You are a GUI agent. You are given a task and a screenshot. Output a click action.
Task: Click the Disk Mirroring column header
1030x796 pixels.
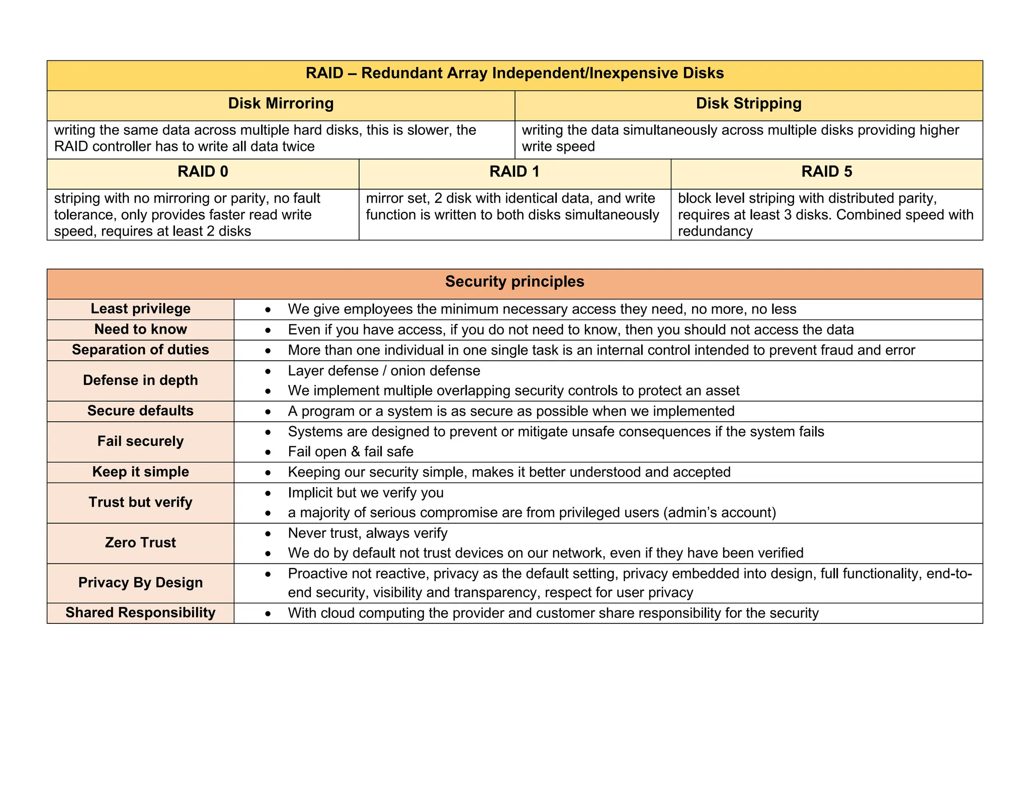click(x=281, y=104)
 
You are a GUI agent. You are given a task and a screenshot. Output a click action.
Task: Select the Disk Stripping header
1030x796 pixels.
click(x=748, y=104)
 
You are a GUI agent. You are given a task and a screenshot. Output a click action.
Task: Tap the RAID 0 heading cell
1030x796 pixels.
click(x=203, y=172)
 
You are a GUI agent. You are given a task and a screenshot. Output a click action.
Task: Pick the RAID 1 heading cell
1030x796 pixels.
click(x=514, y=172)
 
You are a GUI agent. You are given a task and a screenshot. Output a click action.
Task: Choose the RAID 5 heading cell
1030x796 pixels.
click(x=826, y=172)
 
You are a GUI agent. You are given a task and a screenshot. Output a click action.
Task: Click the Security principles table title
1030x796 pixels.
click(x=514, y=282)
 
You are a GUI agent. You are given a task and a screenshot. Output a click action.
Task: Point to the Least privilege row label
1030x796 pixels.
click(x=140, y=309)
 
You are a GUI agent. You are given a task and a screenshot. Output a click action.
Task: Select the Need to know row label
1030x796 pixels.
click(x=140, y=330)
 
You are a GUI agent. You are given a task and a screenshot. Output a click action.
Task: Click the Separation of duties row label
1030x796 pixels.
click(x=140, y=350)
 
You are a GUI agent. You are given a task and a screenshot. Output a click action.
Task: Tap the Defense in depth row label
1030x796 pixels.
click(x=140, y=380)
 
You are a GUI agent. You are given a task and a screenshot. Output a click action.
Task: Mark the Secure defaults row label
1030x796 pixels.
click(x=140, y=411)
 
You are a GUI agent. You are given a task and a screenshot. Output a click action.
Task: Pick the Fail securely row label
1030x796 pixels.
click(x=140, y=441)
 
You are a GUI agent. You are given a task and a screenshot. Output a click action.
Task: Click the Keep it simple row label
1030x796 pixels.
click(x=140, y=472)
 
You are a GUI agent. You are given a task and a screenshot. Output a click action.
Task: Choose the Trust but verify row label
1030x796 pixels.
click(x=140, y=503)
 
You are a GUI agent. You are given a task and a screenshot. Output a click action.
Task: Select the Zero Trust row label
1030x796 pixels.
click(x=140, y=543)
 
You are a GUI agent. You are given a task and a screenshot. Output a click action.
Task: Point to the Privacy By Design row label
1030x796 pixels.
click(x=140, y=583)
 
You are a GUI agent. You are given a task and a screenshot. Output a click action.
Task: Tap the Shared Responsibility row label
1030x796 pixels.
click(x=140, y=613)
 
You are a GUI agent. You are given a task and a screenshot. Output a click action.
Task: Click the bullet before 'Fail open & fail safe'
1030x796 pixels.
click(x=269, y=452)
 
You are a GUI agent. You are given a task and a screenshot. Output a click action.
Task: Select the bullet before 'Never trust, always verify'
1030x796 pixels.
click(x=269, y=533)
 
